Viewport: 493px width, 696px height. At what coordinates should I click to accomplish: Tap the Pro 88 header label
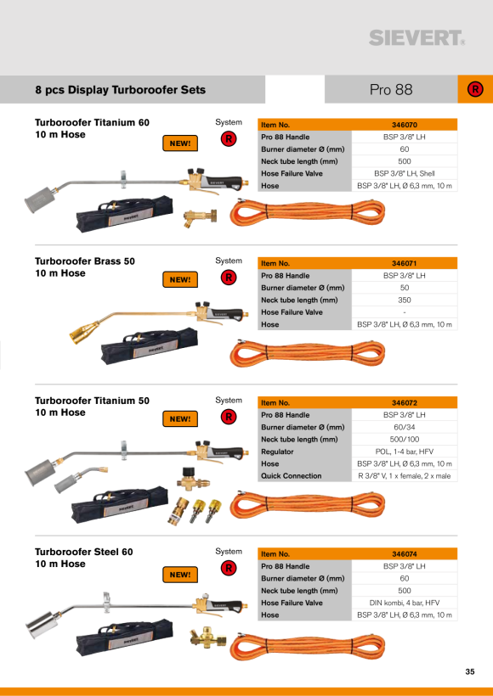point(391,90)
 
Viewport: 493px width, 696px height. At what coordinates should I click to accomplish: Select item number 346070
point(404,125)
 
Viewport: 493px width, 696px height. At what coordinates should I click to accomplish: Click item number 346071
point(404,263)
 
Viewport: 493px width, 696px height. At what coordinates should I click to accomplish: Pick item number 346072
point(404,403)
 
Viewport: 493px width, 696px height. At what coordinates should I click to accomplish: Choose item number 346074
point(404,554)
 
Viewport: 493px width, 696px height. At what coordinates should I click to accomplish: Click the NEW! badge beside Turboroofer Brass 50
point(180,279)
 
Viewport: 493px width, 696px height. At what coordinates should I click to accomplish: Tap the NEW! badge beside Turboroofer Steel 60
point(180,575)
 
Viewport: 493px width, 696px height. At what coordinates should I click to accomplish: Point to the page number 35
point(470,671)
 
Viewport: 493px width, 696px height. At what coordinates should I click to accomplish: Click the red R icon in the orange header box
point(475,90)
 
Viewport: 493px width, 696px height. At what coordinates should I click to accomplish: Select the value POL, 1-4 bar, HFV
point(404,452)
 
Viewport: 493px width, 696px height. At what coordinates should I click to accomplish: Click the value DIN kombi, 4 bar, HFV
point(404,603)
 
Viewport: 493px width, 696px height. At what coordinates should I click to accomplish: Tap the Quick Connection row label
point(292,476)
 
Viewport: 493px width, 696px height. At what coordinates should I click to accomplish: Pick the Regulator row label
point(277,452)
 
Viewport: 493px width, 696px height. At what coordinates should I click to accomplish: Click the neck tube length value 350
point(404,300)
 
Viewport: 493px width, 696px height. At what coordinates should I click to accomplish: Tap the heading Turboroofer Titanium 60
point(92,122)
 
